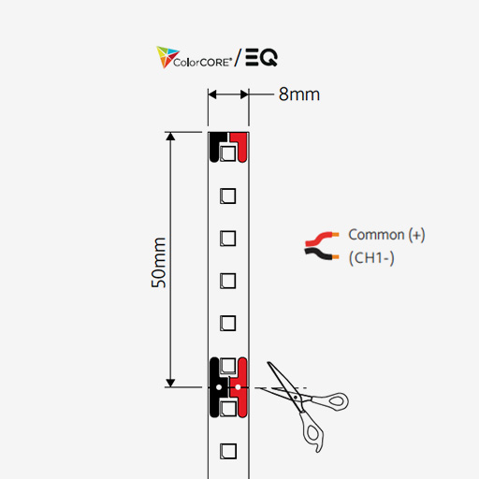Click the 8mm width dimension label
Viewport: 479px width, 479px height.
click(x=299, y=94)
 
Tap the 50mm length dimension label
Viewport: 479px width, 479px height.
click(x=159, y=263)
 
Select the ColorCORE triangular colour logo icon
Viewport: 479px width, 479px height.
click(x=167, y=57)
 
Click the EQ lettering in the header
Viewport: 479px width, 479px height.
click(x=261, y=57)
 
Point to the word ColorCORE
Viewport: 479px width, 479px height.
click(x=202, y=62)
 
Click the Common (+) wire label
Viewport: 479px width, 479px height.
click(x=386, y=235)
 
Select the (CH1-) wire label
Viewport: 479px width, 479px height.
click(x=371, y=258)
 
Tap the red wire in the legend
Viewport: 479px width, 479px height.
click(x=321, y=239)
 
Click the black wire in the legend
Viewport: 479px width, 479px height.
click(x=321, y=254)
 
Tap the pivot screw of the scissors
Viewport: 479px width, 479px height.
click(x=295, y=398)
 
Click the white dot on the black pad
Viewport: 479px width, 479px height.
click(x=219, y=387)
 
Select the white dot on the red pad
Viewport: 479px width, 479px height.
click(x=238, y=387)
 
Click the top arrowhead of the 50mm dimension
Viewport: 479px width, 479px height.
click(x=170, y=137)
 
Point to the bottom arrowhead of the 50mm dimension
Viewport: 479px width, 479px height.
click(x=170, y=383)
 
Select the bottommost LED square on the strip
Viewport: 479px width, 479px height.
click(x=228, y=451)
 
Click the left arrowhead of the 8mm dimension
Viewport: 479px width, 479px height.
click(x=212, y=94)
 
